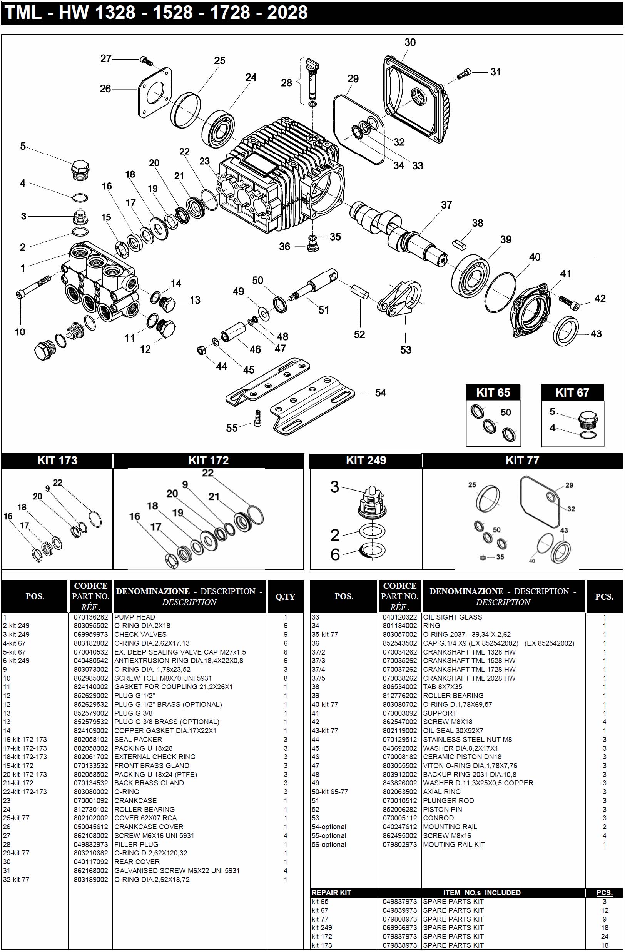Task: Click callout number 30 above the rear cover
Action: coord(410,42)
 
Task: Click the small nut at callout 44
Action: coord(202,350)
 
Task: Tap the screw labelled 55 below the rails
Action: coord(258,418)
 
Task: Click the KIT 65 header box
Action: coord(493,392)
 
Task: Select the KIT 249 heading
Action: coord(366,460)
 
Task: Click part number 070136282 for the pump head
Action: coord(90,617)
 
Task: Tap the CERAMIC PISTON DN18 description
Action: coord(462,757)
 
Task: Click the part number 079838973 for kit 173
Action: coord(399,945)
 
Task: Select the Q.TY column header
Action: coord(285,596)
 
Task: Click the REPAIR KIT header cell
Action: coord(331,892)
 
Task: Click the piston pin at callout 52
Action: coord(360,291)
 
